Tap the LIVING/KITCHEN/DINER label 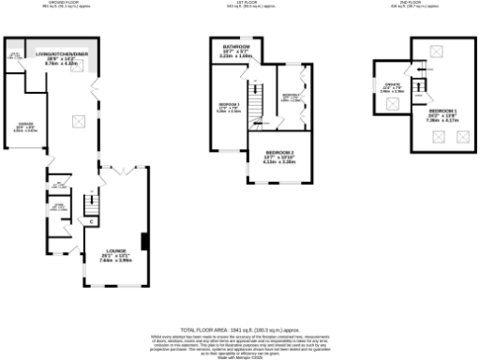click(x=61, y=55)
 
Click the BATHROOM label click(x=235, y=47)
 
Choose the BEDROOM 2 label click(x=279, y=153)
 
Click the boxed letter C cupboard click(x=91, y=221)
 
